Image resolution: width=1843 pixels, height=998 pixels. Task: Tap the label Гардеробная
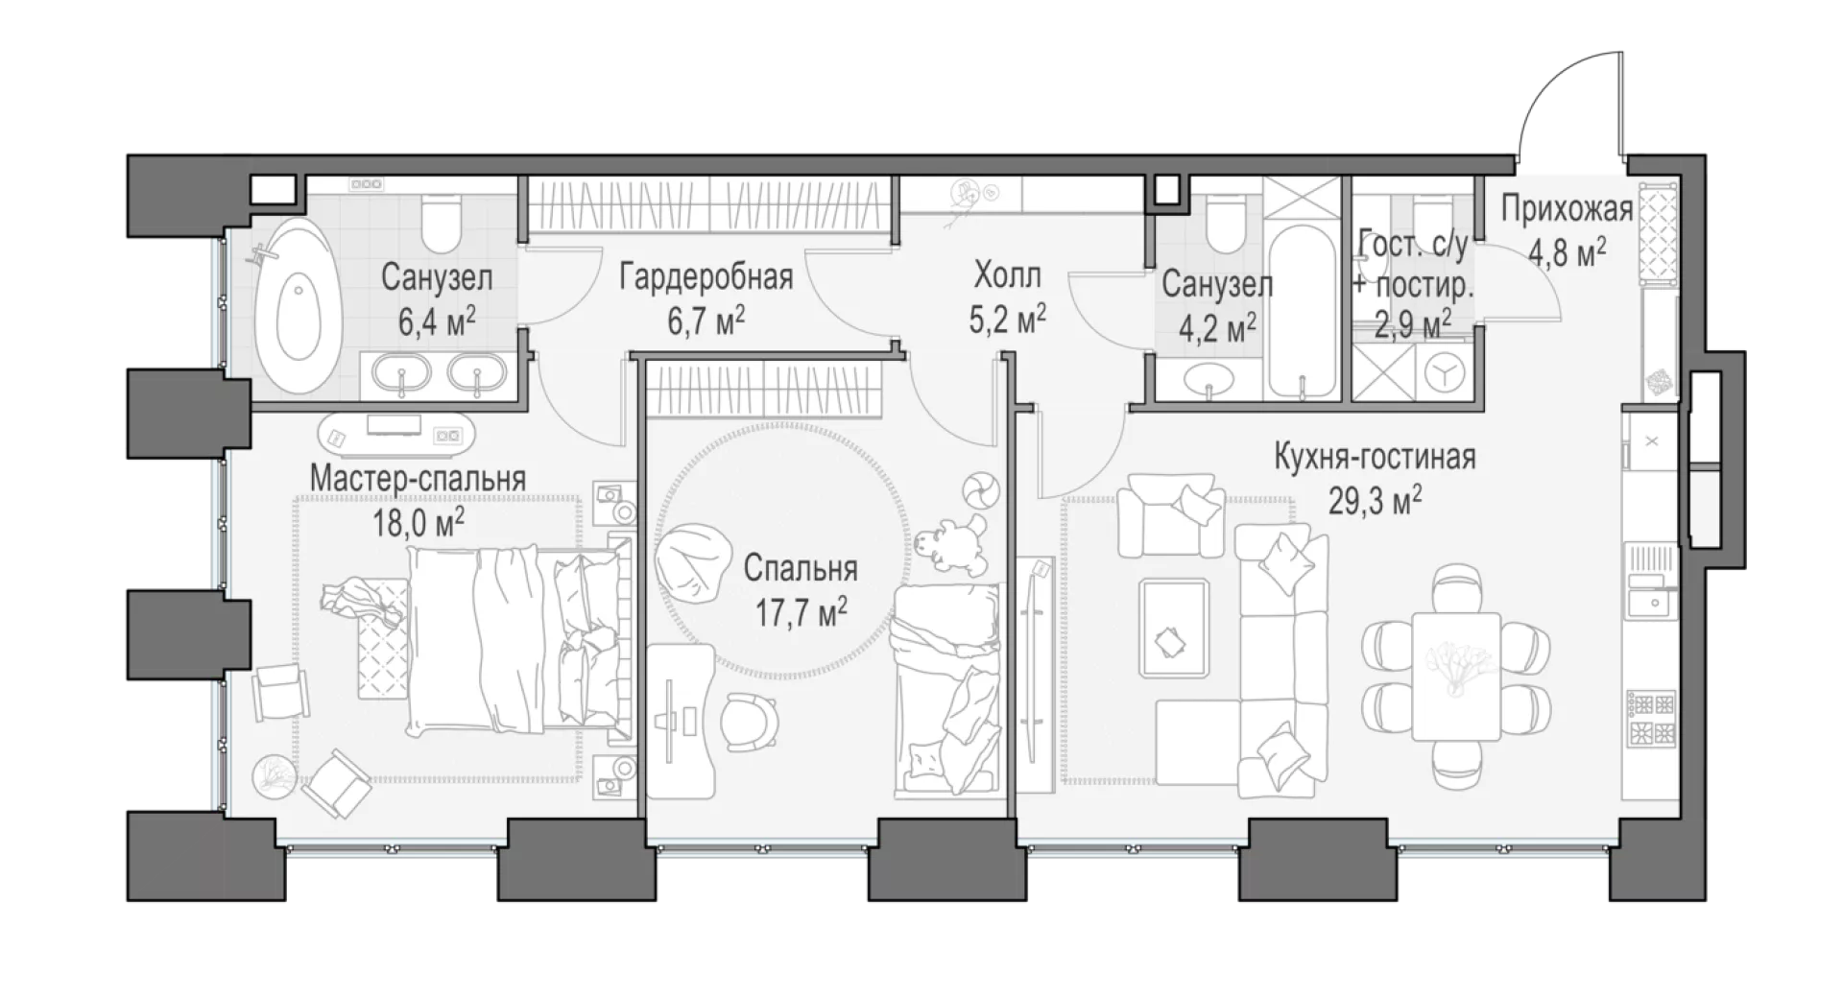[706, 277]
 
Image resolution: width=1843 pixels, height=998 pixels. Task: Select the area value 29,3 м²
[1375, 500]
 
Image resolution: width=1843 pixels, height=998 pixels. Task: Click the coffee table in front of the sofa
[1173, 629]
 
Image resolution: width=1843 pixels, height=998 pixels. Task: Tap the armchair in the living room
[1170, 514]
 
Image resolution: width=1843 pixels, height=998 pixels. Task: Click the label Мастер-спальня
[418, 479]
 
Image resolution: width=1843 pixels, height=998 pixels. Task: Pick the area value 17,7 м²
[801, 611]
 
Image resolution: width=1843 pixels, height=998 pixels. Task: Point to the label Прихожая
[1567, 209]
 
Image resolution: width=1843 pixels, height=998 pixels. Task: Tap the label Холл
[1007, 277]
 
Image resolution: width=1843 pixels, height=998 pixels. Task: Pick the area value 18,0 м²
[419, 525]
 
